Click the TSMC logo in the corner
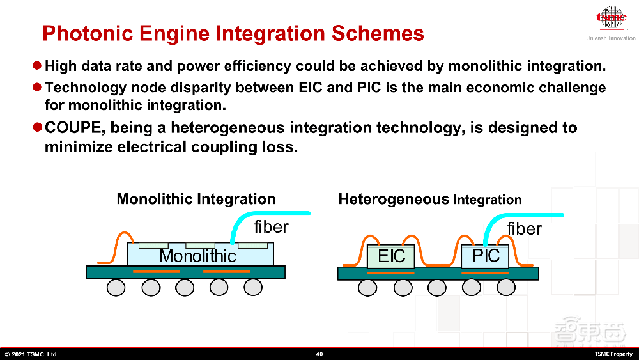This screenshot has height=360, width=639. coord(612,18)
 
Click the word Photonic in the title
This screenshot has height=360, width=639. coord(88,33)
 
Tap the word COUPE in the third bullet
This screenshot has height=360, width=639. coord(73,128)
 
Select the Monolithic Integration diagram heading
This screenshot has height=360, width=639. coord(196,199)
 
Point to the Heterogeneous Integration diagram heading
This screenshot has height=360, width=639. coord(430,200)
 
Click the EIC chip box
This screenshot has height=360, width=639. coord(391,256)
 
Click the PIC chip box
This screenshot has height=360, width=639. coord(485,256)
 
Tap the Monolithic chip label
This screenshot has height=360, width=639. coord(197,256)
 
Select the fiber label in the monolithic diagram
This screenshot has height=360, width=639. coord(271,227)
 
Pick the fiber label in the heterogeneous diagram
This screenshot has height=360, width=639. coord(525,229)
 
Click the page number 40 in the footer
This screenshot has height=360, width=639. coord(319,354)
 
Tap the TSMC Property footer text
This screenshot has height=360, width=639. coord(613,354)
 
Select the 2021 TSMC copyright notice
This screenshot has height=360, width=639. coord(31,354)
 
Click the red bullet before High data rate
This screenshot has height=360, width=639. coord(37,65)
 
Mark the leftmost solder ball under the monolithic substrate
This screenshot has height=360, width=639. coord(116,288)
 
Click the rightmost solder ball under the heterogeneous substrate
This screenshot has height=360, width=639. coord(505,288)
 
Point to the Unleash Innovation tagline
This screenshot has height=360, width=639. coord(611,38)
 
